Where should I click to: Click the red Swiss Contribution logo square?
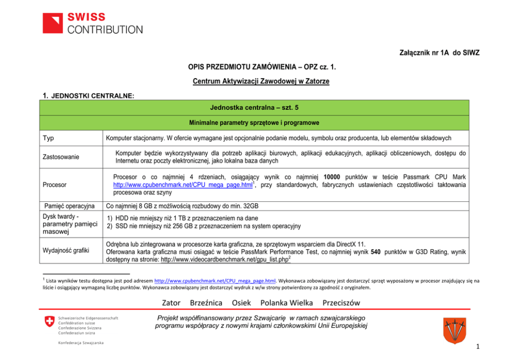tap(53, 23)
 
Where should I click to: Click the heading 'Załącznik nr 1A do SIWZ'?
tap(439, 53)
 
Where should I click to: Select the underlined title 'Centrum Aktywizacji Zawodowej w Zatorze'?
tap(261, 81)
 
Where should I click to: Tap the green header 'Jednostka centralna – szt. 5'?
tap(254, 107)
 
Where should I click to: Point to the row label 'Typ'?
tap(49, 138)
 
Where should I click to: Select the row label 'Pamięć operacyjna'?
tap(70, 206)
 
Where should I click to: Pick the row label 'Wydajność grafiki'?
tap(66, 251)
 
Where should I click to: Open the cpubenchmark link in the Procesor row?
tap(183, 184)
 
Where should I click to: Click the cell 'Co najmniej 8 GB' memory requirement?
tap(182, 206)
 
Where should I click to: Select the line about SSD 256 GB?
tap(203, 226)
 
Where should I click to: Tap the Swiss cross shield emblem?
tap(50, 321)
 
